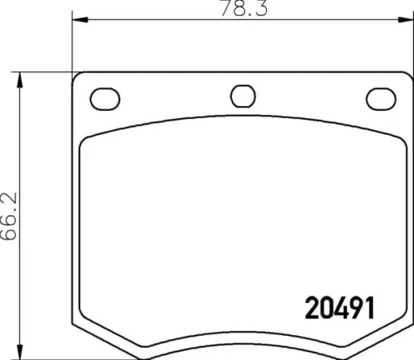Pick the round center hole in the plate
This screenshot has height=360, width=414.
pyautogui.click(x=242, y=96)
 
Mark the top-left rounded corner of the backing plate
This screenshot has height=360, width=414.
pyautogui.click(x=79, y=79)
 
